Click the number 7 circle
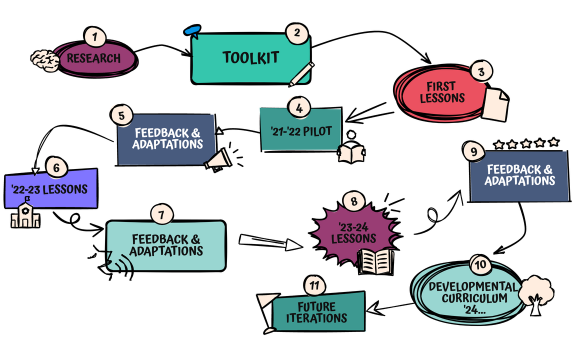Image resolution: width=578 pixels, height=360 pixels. (x=161, y=214)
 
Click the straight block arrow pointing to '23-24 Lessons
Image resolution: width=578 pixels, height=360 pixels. (x=270, y=242)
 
